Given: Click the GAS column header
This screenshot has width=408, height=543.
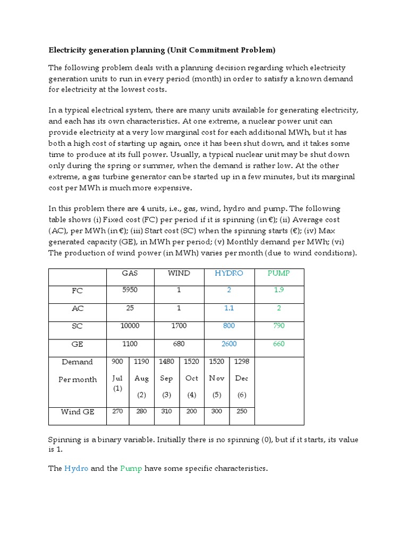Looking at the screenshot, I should pos(130,273).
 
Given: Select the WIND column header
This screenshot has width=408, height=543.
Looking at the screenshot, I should pos(179,273).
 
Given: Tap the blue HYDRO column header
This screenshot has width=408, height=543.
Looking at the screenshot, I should pos(229,273).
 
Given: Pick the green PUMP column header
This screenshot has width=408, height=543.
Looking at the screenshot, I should pos(279,273).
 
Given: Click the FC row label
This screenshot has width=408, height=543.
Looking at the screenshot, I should pos(78,291).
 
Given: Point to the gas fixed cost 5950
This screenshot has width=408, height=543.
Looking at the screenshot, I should pos(130,291).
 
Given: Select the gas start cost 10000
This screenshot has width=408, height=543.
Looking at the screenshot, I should pos(130,326).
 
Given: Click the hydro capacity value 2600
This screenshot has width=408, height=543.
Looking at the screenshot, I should pos(229,344).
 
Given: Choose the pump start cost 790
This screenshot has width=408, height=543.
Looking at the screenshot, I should pos(279,326).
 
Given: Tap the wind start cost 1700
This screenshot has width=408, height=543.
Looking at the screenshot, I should pos(179,326).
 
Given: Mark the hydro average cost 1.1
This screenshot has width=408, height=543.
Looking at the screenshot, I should pos(229,308).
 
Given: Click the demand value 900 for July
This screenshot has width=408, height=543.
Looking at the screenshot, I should pos(117,362).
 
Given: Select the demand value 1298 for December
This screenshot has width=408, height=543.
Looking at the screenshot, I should pos(242,362).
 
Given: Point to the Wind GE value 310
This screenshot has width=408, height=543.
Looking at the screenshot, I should pos(166,411).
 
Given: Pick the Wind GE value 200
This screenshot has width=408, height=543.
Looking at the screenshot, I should pos(191,411).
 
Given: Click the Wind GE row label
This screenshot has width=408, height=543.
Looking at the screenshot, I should pos(78,411).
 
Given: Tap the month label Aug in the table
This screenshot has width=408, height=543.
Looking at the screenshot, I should pos(142,378).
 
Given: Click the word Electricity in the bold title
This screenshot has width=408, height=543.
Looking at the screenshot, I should pos(68,50).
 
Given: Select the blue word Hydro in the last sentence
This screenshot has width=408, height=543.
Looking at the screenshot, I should pos(75,469).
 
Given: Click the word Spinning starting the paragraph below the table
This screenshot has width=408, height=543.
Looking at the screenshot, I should pos(65,440).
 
